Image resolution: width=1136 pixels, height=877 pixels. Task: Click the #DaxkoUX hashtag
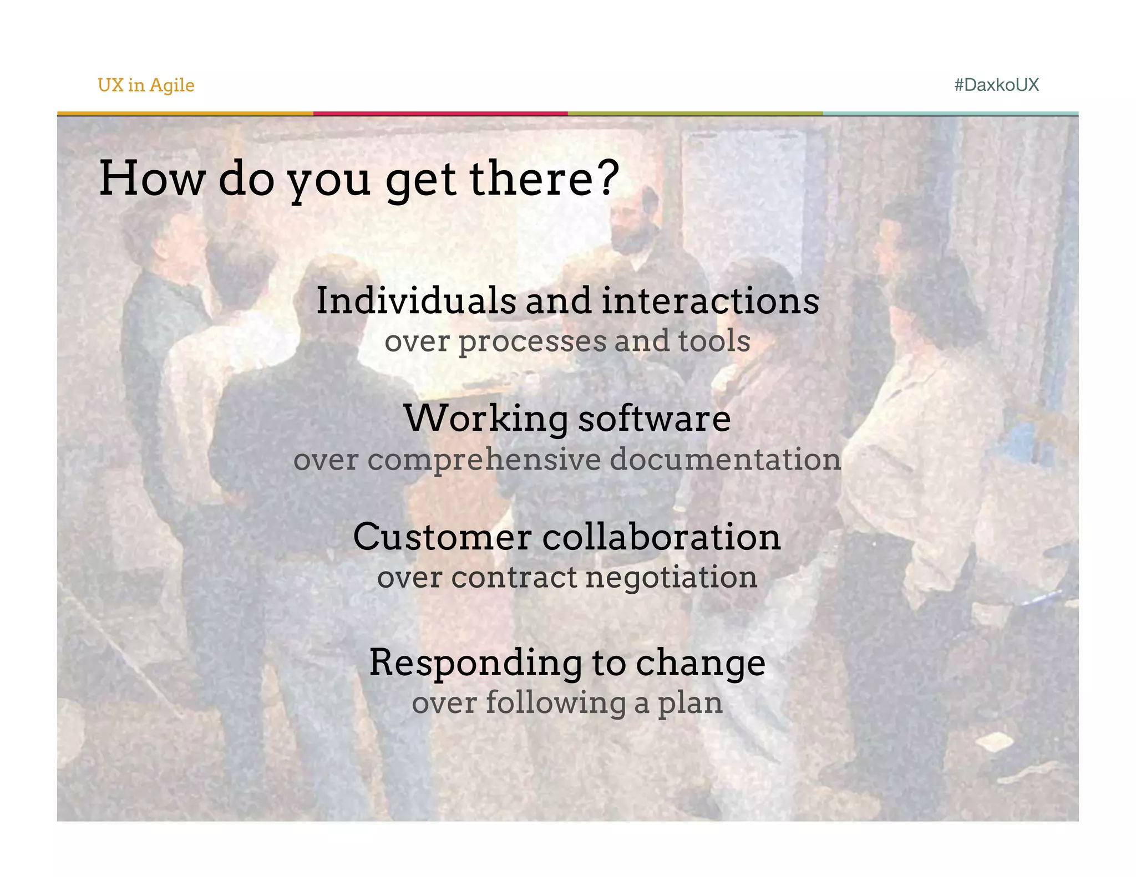(x=996, y=85)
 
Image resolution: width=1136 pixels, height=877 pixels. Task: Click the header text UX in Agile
(x=146, y=85)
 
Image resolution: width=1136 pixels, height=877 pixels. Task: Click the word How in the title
(x=151, y=178)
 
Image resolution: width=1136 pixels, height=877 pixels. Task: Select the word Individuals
(x=416, y=301)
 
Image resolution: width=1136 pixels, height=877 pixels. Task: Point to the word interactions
(x=710, y=301)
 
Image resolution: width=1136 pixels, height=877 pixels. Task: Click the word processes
(x=532, y=341)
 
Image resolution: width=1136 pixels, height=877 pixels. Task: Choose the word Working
(x=486, y=419)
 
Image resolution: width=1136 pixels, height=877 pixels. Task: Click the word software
(x=655, y=419)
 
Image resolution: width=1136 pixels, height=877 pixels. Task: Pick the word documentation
(x=725, y=460)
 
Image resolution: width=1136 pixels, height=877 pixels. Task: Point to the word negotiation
(x=671, y=578)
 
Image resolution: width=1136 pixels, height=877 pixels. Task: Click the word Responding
(x=476, y=663)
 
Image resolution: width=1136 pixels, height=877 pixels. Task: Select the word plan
(x=690, y=703)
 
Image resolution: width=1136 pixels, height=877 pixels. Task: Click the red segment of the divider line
(x=440, y=114)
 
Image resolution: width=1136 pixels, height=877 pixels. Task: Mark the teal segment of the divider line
(x=950, y=114)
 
